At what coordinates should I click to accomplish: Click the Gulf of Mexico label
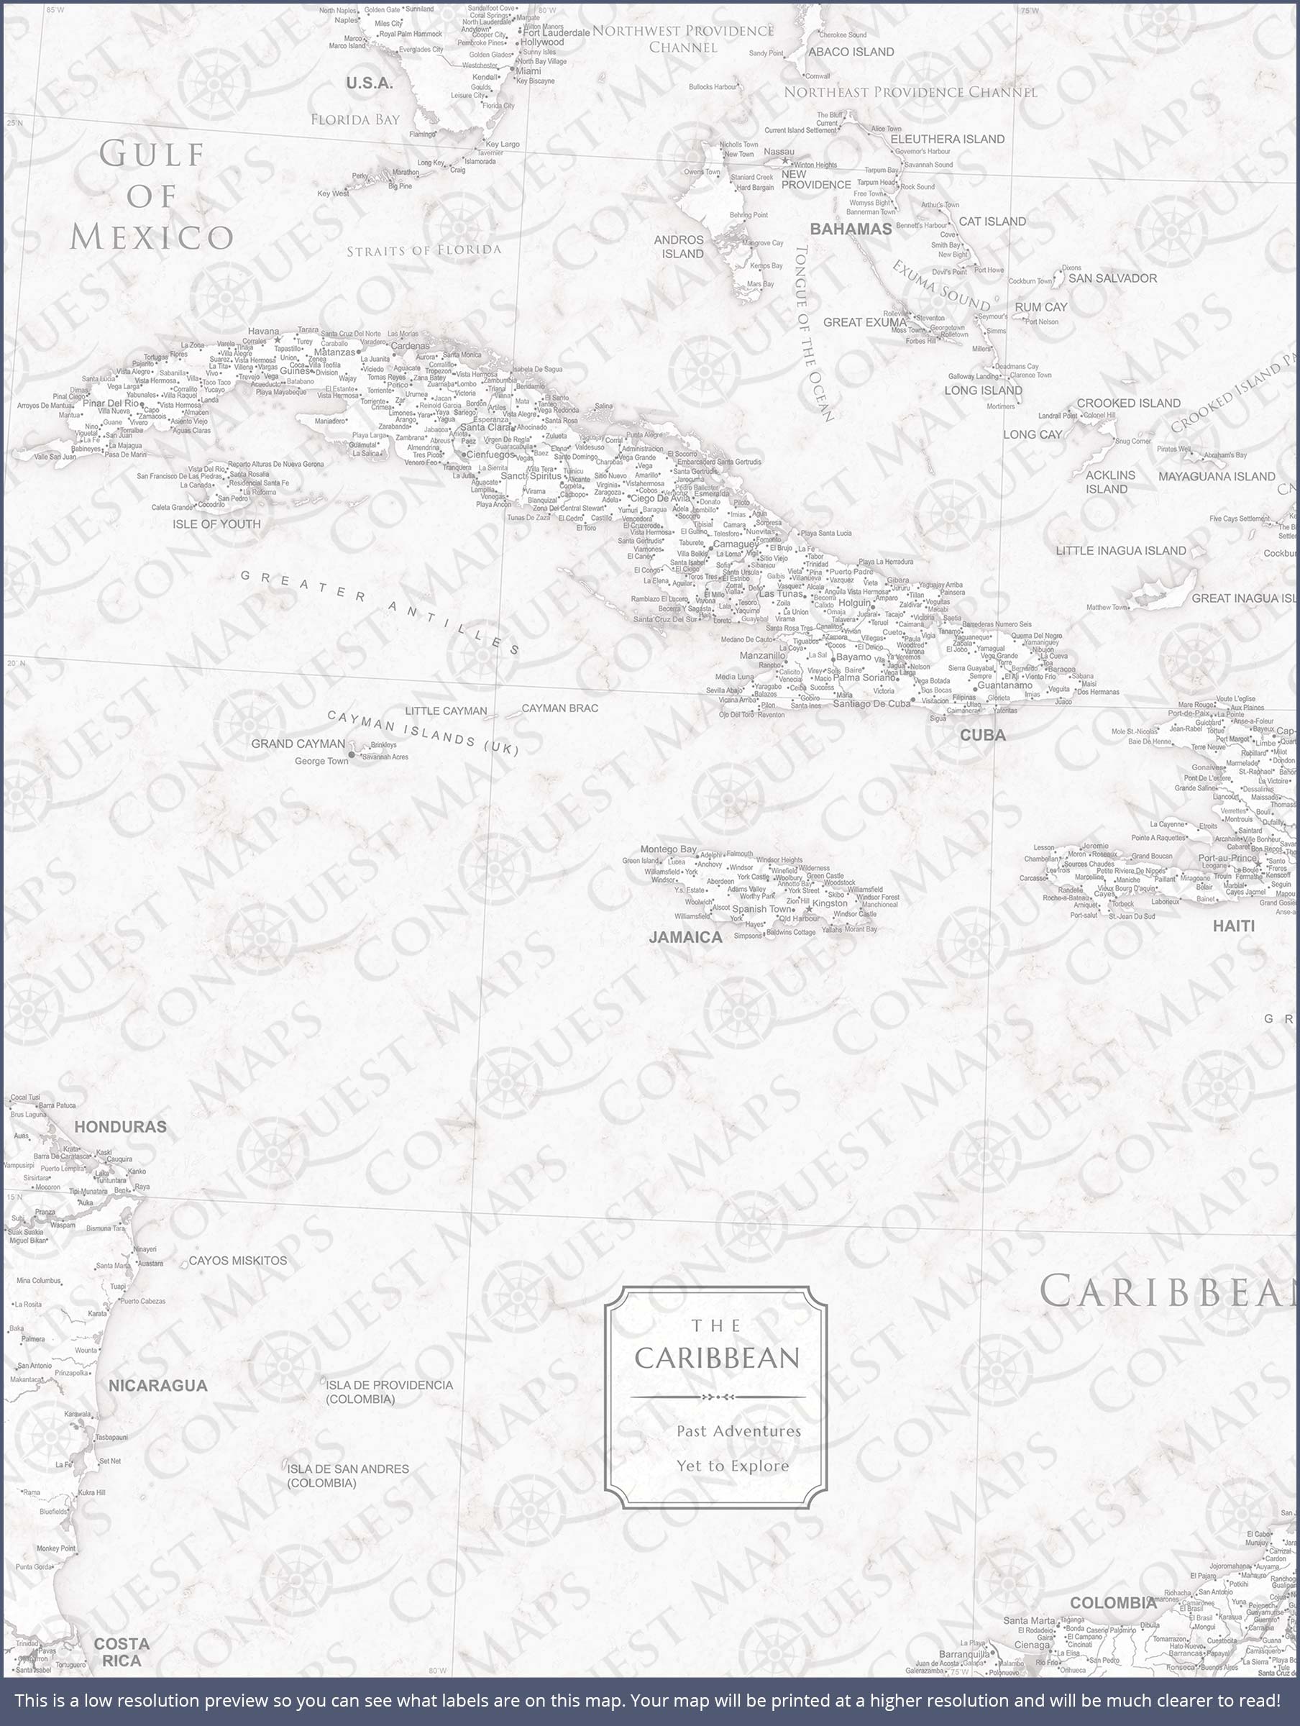[x=152, y=195]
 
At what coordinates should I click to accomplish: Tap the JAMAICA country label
[x=685, y=937]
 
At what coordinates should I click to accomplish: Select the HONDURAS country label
[x=120, y=1127]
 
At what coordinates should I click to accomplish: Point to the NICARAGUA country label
[x=157, y=1385]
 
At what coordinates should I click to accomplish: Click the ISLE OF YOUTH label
[x=216, y=524]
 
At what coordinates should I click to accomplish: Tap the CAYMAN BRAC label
[x=559, y=708]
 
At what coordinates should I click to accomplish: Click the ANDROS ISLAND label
[x=679, y=247]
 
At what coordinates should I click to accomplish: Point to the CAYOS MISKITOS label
[x=238, y=1260]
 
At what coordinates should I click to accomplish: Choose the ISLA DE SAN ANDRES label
[x=347, y=1475]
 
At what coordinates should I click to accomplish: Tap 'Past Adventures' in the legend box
[x=738, y=1431]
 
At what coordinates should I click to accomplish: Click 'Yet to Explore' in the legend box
[x=732, y=1466]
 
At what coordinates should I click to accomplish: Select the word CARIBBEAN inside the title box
[x=717, y=1359]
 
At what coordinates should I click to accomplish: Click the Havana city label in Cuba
[x=264, y=332]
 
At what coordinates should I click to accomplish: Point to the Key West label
[x=332, y=193]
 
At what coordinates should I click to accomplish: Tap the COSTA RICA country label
[x=122, y=1652]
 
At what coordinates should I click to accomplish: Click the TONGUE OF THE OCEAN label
[x=814, y=333]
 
